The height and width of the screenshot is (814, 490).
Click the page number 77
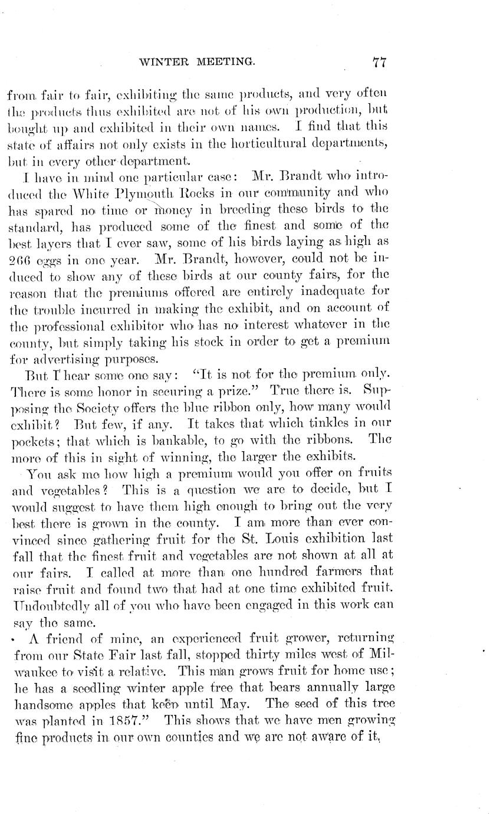pyautogui.click(x=379, y=60)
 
